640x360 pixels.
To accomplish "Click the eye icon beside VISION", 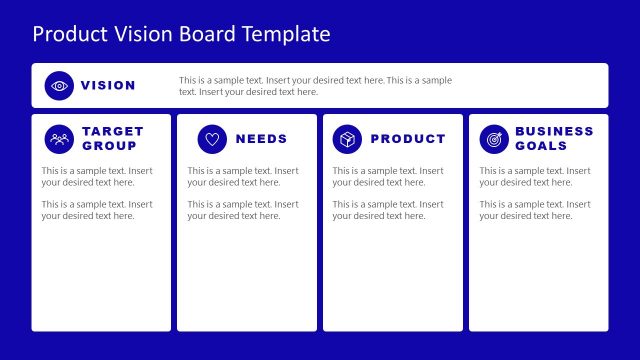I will coord(60,86).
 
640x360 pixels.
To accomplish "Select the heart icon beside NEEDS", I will coord(212,139).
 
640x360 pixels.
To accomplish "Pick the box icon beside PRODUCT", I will coord(347,139).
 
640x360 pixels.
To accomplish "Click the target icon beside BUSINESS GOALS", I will coord(493,139).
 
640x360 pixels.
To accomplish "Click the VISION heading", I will coord(108,86).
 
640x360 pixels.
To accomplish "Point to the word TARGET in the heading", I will coord(113,132).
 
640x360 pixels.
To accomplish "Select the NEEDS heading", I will coord(261,139).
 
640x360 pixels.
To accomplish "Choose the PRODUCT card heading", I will coord(408,139).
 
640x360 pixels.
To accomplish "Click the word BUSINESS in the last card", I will coord(554,132).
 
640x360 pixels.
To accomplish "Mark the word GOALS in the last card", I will coord(541,146).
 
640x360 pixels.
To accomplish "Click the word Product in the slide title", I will coord(67,34).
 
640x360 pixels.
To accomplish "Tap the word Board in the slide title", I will coord(205,34).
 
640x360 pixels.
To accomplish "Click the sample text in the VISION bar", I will coord(315,86).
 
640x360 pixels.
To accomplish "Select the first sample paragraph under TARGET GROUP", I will coord(97,177).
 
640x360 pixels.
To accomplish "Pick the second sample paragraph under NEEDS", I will coord(243,210).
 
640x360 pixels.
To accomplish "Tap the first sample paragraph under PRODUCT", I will coord(389,177).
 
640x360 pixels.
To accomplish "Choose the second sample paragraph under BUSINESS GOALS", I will coord(535,210).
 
